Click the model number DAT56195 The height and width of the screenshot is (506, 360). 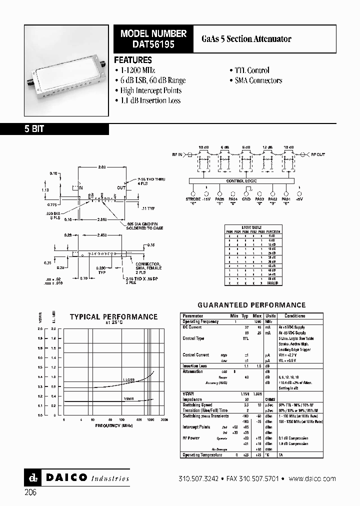point(153,44)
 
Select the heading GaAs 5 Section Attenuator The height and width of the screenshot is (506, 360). point(246,39)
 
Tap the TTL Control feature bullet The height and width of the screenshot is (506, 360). point(251,70)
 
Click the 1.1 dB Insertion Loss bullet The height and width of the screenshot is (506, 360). point(150,100)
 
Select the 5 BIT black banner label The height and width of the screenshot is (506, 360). point(34,129)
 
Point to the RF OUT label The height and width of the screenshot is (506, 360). point(318,155)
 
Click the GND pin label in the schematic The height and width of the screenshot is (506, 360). point(245,199)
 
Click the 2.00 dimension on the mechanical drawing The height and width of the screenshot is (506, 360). point(101,166)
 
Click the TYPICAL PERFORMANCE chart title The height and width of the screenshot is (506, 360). point(113,316)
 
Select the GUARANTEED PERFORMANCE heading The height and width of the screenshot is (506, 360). point(251,305)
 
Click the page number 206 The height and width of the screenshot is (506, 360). point(30,492)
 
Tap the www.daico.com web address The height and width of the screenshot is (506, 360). point(312,478)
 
